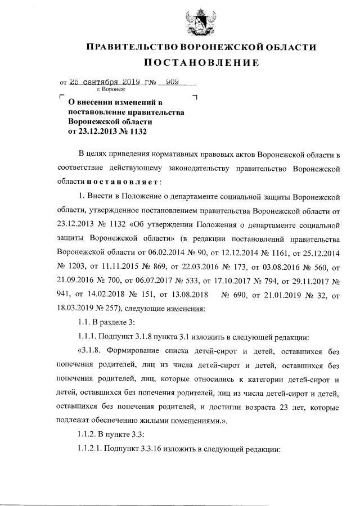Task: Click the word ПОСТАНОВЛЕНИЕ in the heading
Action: point(200,62)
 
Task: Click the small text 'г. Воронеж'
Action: point(111,89)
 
